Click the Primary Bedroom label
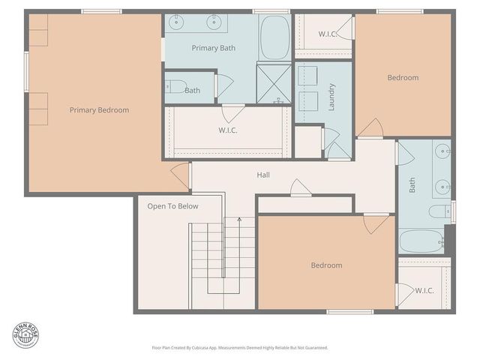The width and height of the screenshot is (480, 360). coord(99,110)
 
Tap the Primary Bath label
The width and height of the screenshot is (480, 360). coord(213,48)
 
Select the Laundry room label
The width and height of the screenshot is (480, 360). coord(331,97)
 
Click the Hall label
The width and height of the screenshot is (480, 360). coord(263,175)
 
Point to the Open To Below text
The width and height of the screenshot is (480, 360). coord(172,206)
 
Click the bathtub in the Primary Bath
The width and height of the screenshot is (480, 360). coord(274,37)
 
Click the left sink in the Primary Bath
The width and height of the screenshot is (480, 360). coord(179,22)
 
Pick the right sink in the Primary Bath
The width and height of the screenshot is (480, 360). coord(213,22)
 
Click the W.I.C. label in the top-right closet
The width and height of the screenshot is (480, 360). coord(327,34)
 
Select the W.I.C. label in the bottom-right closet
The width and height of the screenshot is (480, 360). coord(424,290)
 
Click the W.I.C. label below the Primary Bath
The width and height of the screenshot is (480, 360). coord(228,130)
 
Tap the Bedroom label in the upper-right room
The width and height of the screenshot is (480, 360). coord(403,78)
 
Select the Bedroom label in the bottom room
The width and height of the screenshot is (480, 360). coord(326,265)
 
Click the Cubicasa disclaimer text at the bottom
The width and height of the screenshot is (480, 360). coord(240,348)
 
